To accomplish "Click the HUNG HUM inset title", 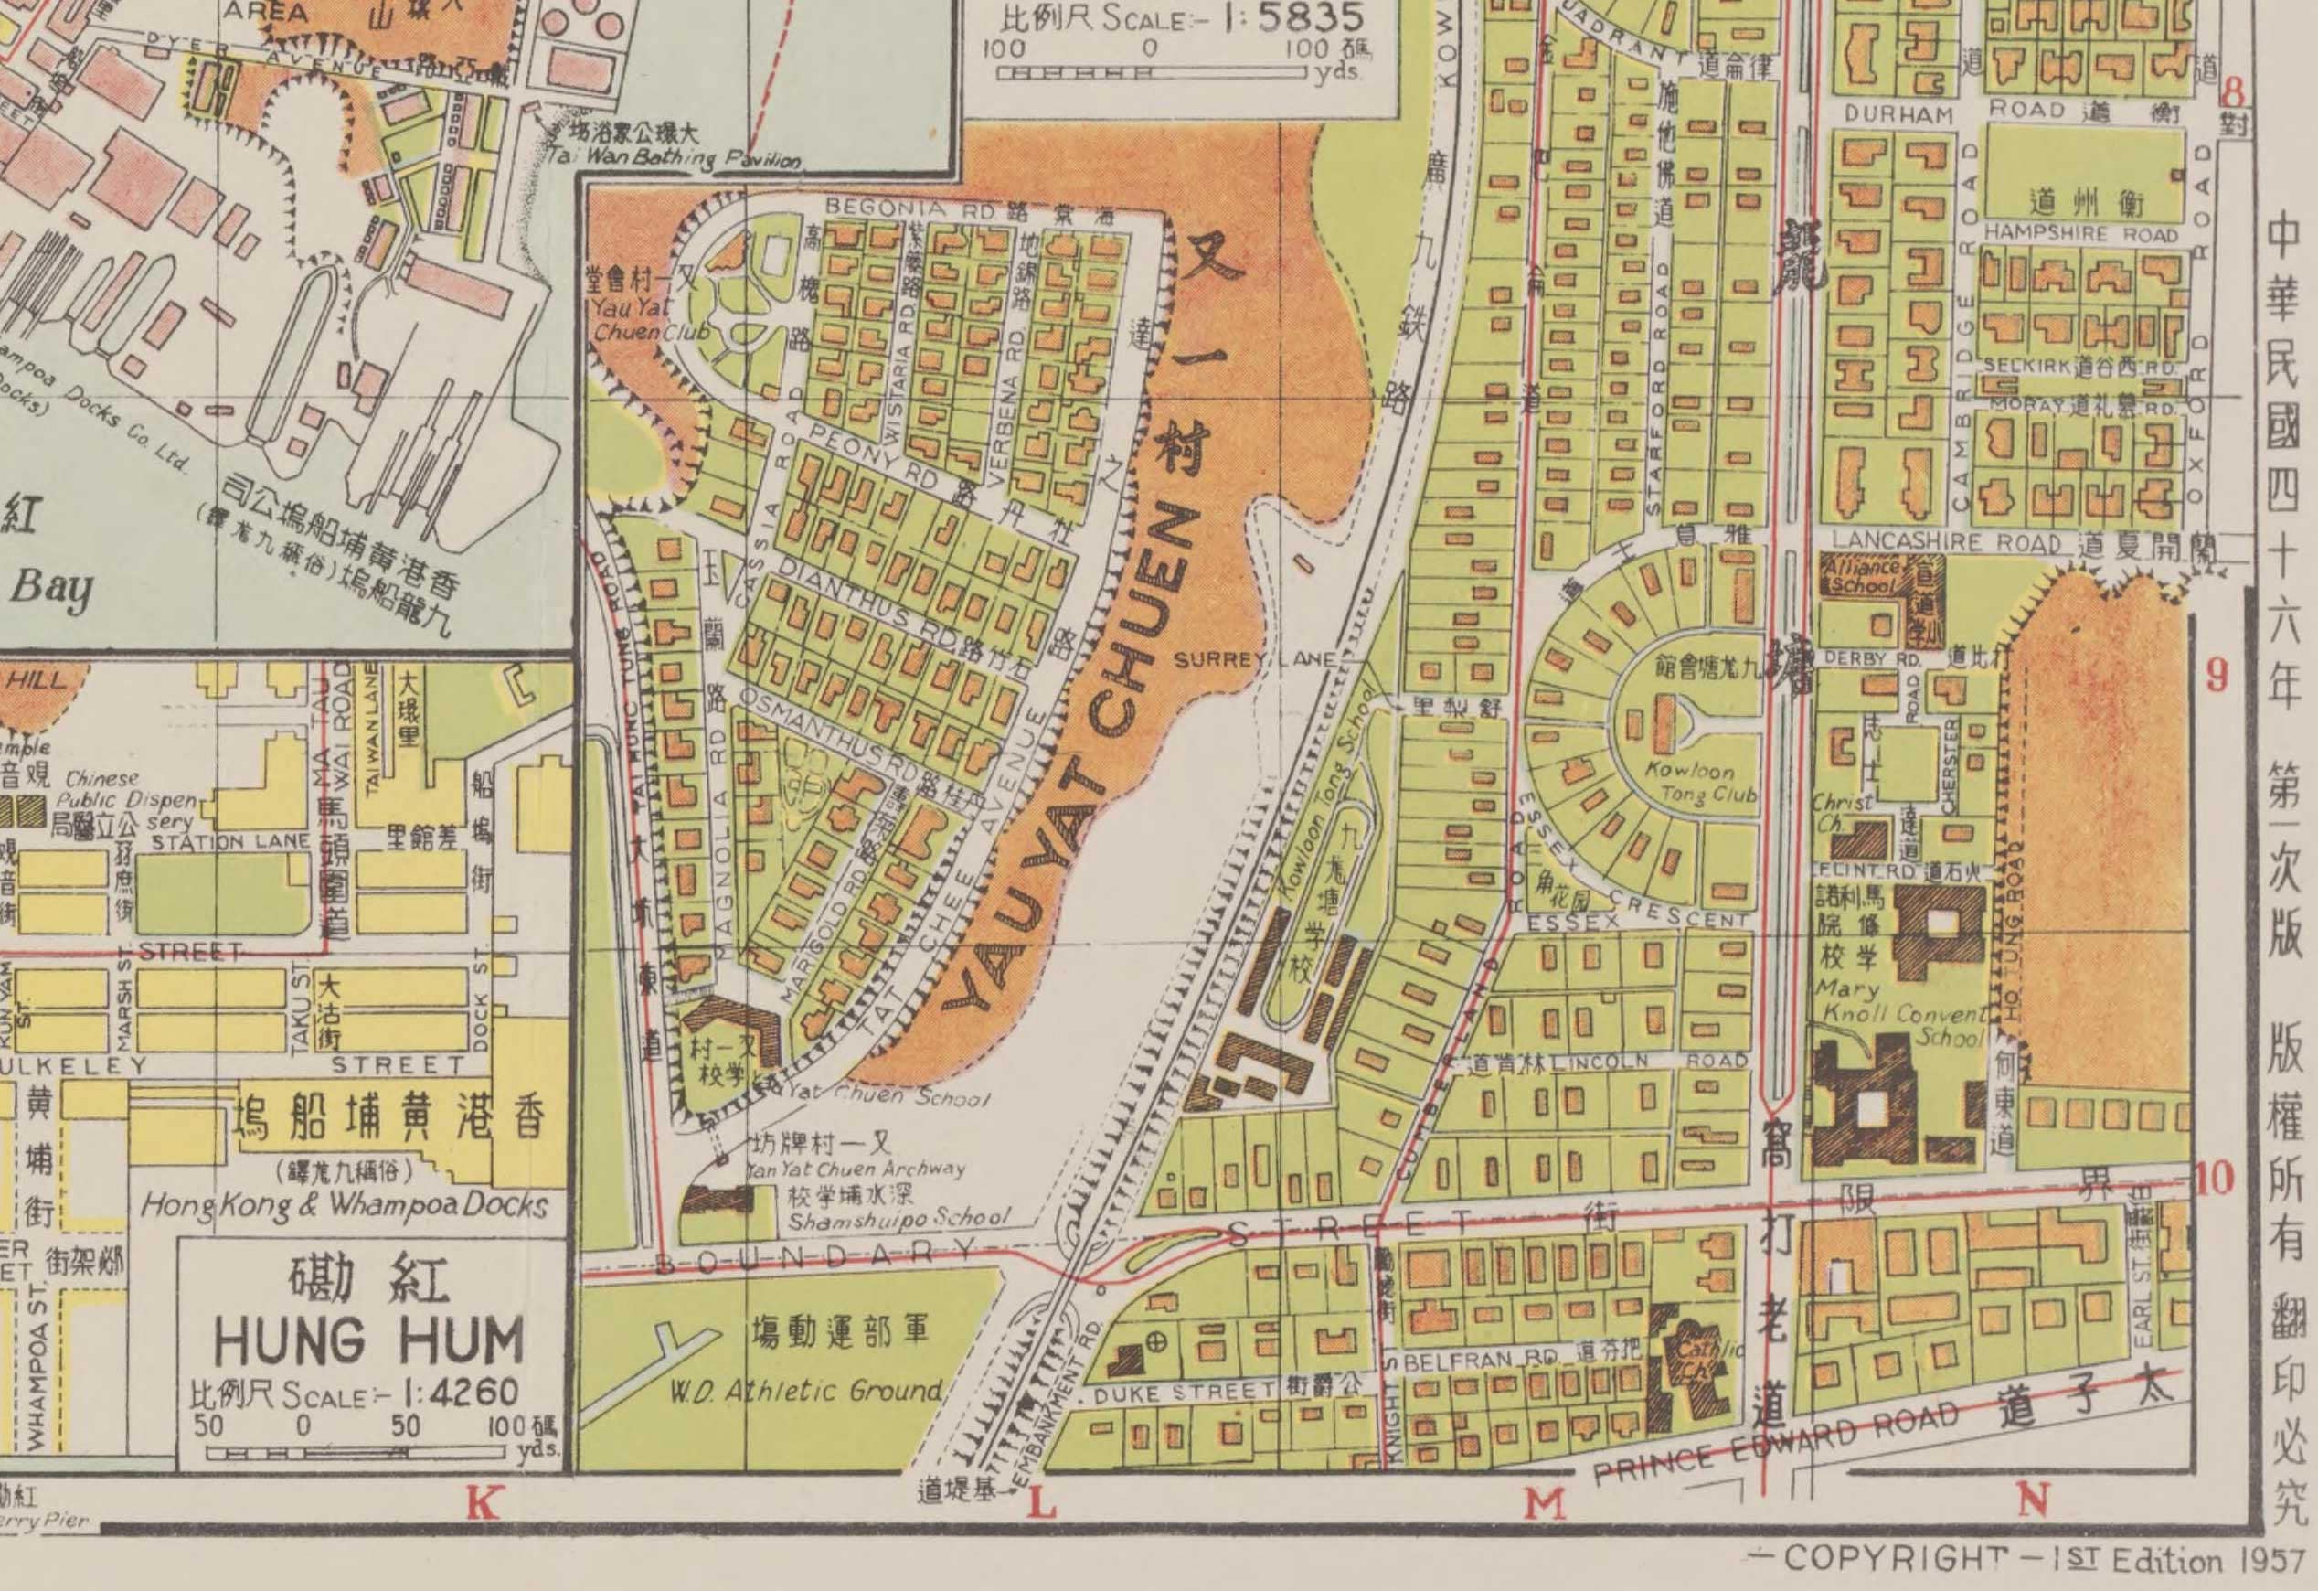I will pyautogui.click(x=368, y=1341).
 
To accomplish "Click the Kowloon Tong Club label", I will pyautogui.click(x=1708, y=783).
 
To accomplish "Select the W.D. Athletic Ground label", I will pyautogui.click(x=805, y=1391).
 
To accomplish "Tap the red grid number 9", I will pyautogui.click(x=2216, y=676).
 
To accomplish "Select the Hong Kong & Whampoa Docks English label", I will pyautogui.click(x=343, y=1205).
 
